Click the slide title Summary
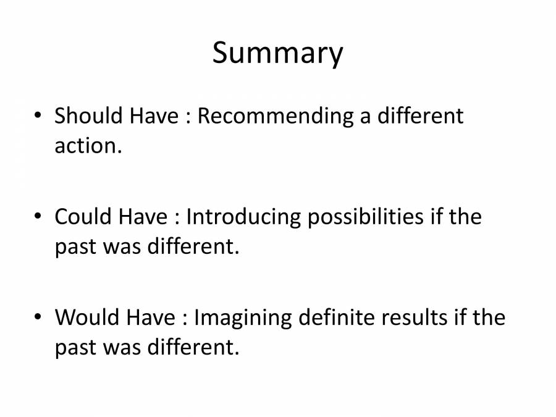coord(277,54)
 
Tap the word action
coord(85,146)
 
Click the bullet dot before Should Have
coord(39,116)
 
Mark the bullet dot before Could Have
coord(39,217)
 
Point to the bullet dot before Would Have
coord(39,318)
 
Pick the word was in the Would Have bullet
coord(123,348)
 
